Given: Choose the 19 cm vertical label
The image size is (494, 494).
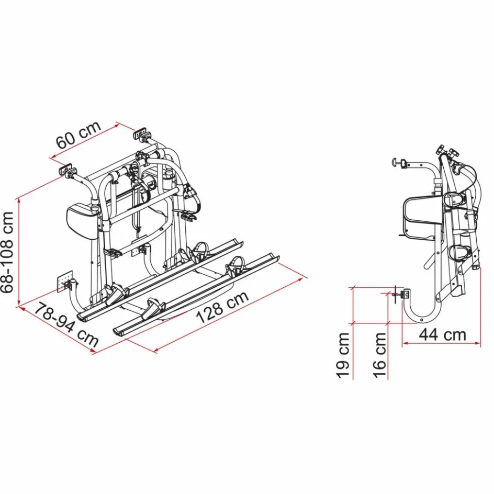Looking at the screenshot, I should [344, 355].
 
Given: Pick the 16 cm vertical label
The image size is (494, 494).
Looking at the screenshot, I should [380, 355].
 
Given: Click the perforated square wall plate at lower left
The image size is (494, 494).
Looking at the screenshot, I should [65, 280].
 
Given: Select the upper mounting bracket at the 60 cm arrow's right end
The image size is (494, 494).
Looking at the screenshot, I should [140, 134].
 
